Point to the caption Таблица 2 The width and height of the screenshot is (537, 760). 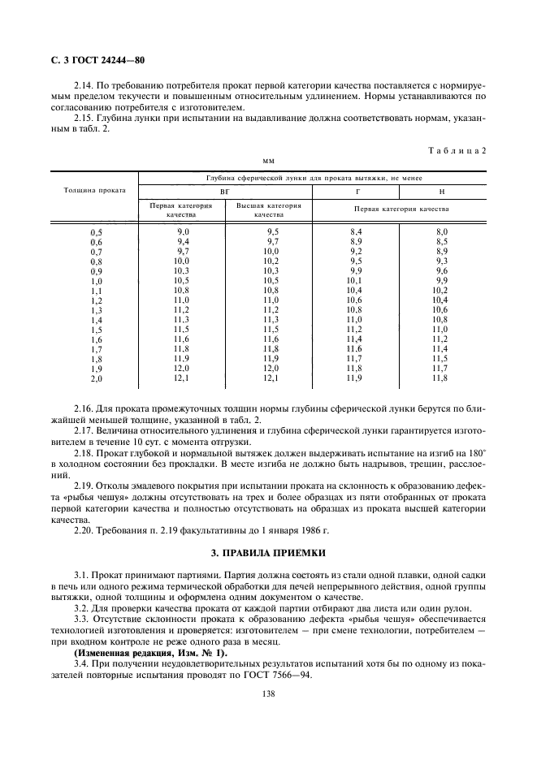pos(456,149)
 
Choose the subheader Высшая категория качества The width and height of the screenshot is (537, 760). pos(268,210)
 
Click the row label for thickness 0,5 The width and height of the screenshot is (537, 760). pos(96,233)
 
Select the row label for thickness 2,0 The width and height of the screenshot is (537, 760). pos(96,379)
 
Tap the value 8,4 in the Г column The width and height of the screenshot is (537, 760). pos(355,232)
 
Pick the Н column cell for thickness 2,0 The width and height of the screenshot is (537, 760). pos(440,378)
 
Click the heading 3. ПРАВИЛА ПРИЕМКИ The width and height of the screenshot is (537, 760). pos(267,553)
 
